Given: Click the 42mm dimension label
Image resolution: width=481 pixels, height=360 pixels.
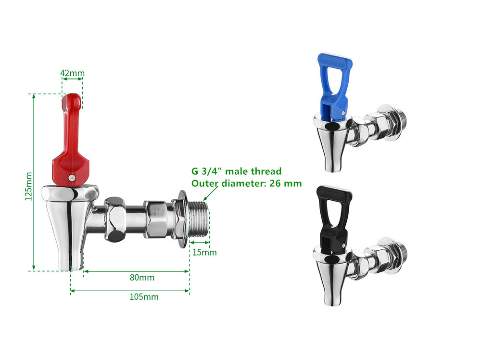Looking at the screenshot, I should (x=72, y=73).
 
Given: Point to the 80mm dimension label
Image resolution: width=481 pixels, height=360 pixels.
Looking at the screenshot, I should (x=142, y=278).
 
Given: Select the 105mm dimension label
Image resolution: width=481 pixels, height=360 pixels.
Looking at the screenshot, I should (x=144, y=296).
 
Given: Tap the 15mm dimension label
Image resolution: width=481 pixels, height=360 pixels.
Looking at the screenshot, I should (x=204, y=252).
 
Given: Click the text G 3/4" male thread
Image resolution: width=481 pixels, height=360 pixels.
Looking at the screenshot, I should (x=236, y=171).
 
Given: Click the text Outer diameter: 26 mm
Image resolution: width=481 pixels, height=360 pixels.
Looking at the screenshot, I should (x=246, y=183).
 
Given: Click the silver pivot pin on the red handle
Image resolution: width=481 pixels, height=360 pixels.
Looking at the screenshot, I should (x=71, y=178).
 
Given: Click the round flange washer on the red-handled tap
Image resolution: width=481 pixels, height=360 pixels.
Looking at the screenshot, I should (x=183, y=219).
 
